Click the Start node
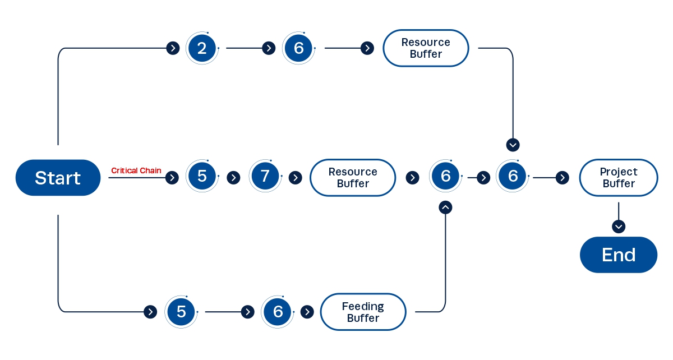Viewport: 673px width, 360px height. click(x=58, y=178)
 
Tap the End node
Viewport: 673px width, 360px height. click(x=618, y=255)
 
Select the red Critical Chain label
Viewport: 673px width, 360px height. click(x=136, y=170)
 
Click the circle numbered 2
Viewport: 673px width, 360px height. click(x=202, y=48)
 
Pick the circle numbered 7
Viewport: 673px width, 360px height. click(x=265, y=177)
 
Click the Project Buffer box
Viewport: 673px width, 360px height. click(x=618, y=178)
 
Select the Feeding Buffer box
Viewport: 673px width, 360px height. click(x=363, y=312)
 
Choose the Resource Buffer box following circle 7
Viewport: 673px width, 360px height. click(x=353, y=178)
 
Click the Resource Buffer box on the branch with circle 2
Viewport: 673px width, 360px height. click(x=426, y=48)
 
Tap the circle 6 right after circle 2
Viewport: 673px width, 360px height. click(x=298, y=48)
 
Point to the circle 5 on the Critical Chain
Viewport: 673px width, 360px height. click(x=202, y=177)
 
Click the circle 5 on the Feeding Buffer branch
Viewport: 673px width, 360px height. click(x=181, y=312)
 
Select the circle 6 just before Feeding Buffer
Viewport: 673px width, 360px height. click(x=278, y=312)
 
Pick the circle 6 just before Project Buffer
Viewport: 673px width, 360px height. click(x=513, y=177)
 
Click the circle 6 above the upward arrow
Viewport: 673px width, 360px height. click(x=445, y=177)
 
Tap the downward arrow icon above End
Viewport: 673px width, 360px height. click(x=618, y=227)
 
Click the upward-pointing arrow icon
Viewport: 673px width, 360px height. click(x=445, y=207)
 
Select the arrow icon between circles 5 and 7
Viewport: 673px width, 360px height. click(x=233, y=178)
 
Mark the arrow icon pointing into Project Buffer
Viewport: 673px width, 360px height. click(x=562, y=178)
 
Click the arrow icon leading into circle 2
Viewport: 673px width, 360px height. click(x=173, y=48)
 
